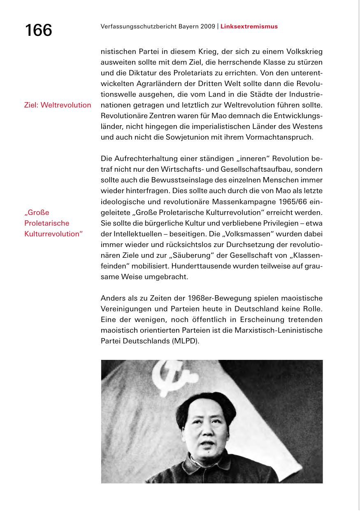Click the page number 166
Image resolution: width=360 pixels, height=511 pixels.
coord(38,30)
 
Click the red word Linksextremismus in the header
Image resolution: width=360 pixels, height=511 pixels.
coord(249,26)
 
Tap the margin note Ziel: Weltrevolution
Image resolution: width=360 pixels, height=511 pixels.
coord(58,105)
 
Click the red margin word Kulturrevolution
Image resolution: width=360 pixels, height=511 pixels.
coord(53,234)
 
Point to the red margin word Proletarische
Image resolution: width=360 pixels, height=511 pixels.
coord(46,223)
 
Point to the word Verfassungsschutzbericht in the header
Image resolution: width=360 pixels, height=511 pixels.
coord(132,26)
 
